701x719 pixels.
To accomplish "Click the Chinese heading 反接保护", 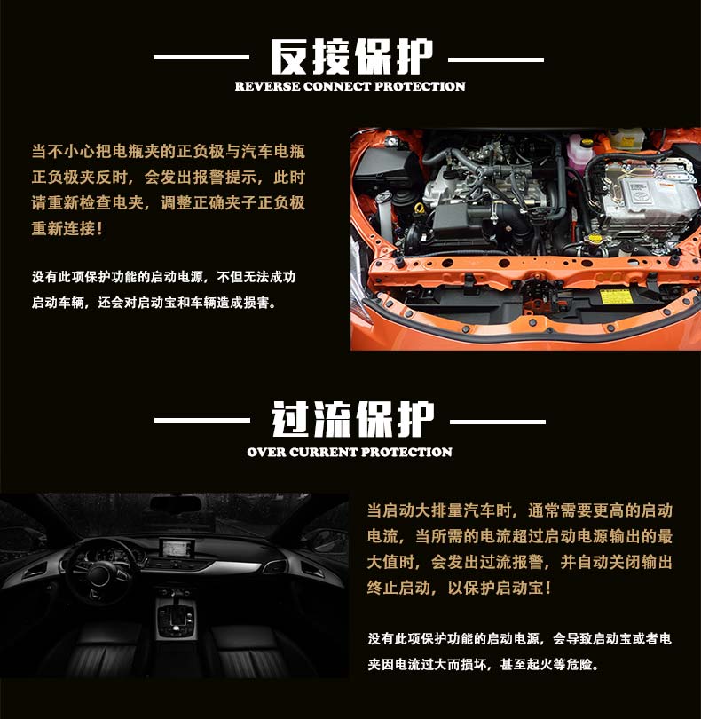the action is [351, 57].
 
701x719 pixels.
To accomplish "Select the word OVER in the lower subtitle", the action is [266, 452].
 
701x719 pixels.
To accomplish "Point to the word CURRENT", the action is [323, 452].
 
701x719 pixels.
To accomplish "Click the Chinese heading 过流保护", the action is [353, 419].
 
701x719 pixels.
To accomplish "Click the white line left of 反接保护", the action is [201, 58].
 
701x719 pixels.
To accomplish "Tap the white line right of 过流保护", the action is [498, 422].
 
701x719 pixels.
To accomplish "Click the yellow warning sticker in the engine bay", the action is [616, 296].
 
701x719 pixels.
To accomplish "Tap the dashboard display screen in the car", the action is [177, 549].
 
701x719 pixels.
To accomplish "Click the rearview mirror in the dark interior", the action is [176, 504].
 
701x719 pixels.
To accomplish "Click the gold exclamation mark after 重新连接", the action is [99, 228].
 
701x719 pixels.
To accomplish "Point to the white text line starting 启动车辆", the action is [154, 303].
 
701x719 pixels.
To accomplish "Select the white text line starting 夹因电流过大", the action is [484, 665].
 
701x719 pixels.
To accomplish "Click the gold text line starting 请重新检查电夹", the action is [169, 202].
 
